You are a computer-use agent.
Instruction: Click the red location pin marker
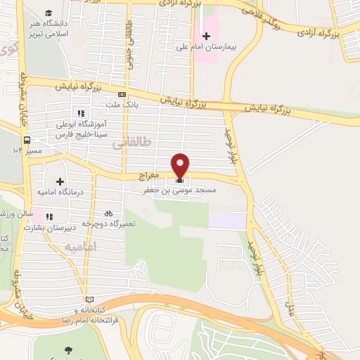[181, 165]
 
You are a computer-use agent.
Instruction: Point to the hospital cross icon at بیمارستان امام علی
[206, 35]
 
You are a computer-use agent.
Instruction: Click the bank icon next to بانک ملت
[122, 94]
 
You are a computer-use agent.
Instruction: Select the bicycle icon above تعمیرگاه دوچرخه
[108, 212]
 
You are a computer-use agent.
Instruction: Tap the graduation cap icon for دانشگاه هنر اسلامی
[49, 13]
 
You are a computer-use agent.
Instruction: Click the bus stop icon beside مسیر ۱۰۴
[27, 140]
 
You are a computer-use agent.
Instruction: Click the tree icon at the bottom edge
[68, 349]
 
